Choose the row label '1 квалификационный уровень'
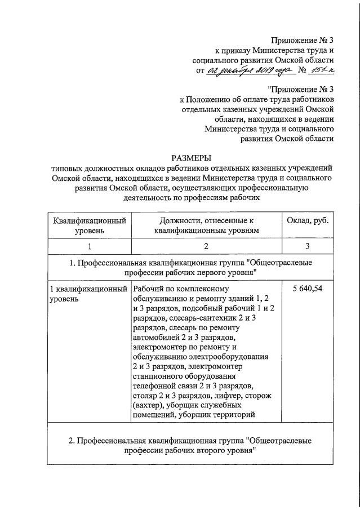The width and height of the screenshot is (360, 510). (x=89, y=294)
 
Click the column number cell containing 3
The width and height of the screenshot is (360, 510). (x=307, y=246)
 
